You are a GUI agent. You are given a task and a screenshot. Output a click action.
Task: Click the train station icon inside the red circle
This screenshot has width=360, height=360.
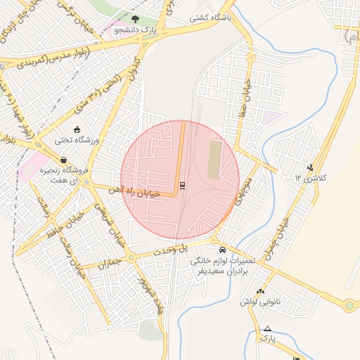click(182, 185)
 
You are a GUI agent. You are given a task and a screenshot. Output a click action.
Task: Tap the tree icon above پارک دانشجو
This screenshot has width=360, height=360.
click(134, 20)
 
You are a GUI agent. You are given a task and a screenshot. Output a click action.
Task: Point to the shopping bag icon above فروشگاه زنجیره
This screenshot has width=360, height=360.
click(63, 160)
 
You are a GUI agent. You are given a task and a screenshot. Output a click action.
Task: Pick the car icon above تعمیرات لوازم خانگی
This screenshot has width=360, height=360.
click(222, 250)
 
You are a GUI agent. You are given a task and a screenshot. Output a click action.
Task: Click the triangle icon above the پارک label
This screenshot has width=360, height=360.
click(267, 328)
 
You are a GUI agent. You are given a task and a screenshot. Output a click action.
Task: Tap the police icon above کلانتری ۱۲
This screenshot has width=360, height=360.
click(310, 167)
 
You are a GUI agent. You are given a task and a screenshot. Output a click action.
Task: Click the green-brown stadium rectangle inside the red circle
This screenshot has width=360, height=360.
click(214, 160)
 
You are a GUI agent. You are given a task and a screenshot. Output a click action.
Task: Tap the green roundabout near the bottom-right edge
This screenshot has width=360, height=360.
click(349, 306)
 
